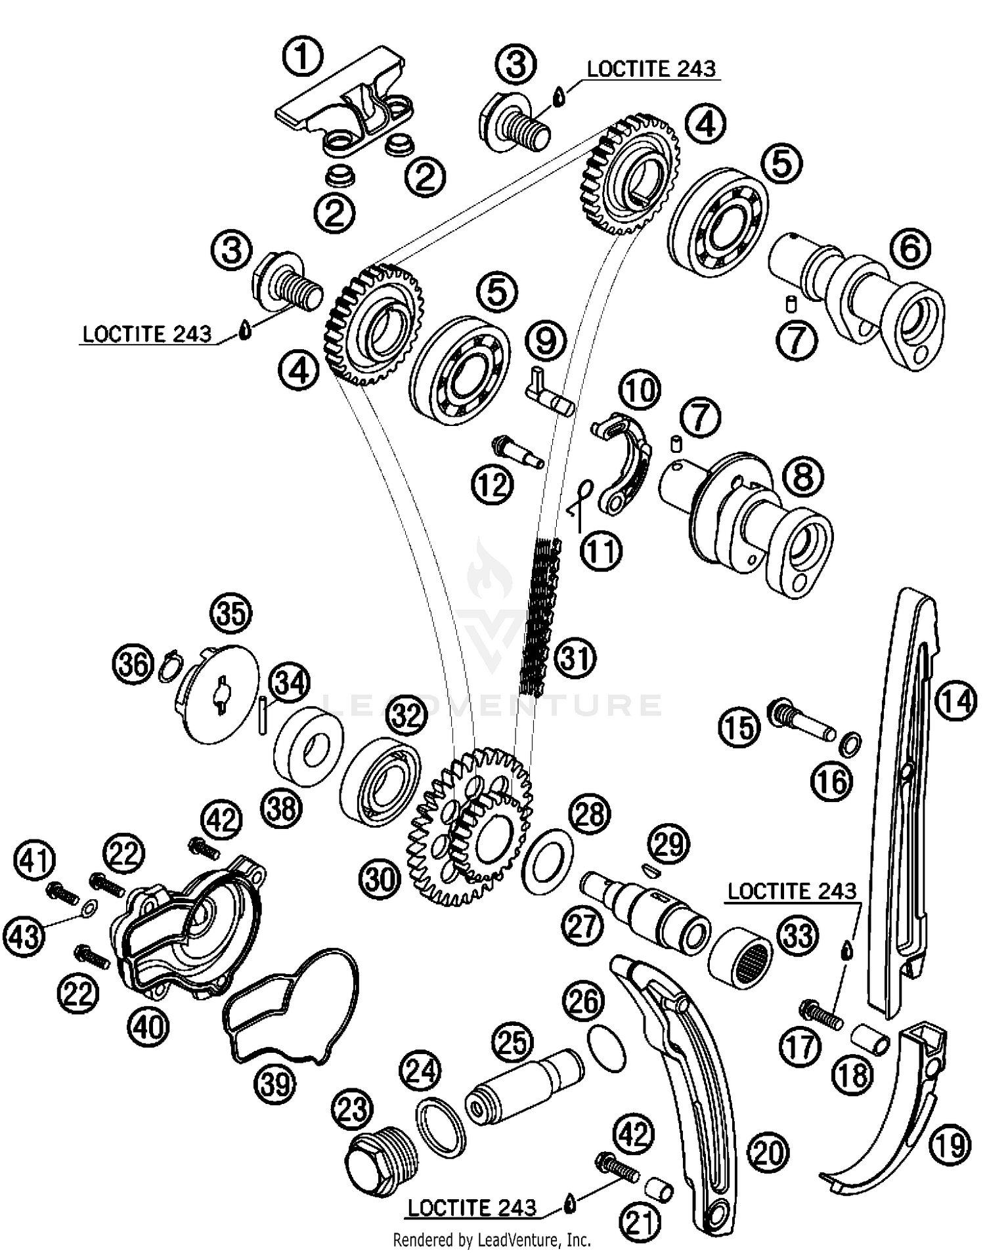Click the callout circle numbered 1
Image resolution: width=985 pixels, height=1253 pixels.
coord(303,57)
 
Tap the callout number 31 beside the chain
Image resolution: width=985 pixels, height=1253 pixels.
coord(575,658)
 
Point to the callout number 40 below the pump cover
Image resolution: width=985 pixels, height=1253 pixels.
coord(149,1026)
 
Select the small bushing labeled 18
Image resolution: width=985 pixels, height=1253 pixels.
coord(871,1036)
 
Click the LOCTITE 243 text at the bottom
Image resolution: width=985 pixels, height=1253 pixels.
coord(472,1208)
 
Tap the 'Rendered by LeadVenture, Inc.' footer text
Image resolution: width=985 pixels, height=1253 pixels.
coord(492,1239)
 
